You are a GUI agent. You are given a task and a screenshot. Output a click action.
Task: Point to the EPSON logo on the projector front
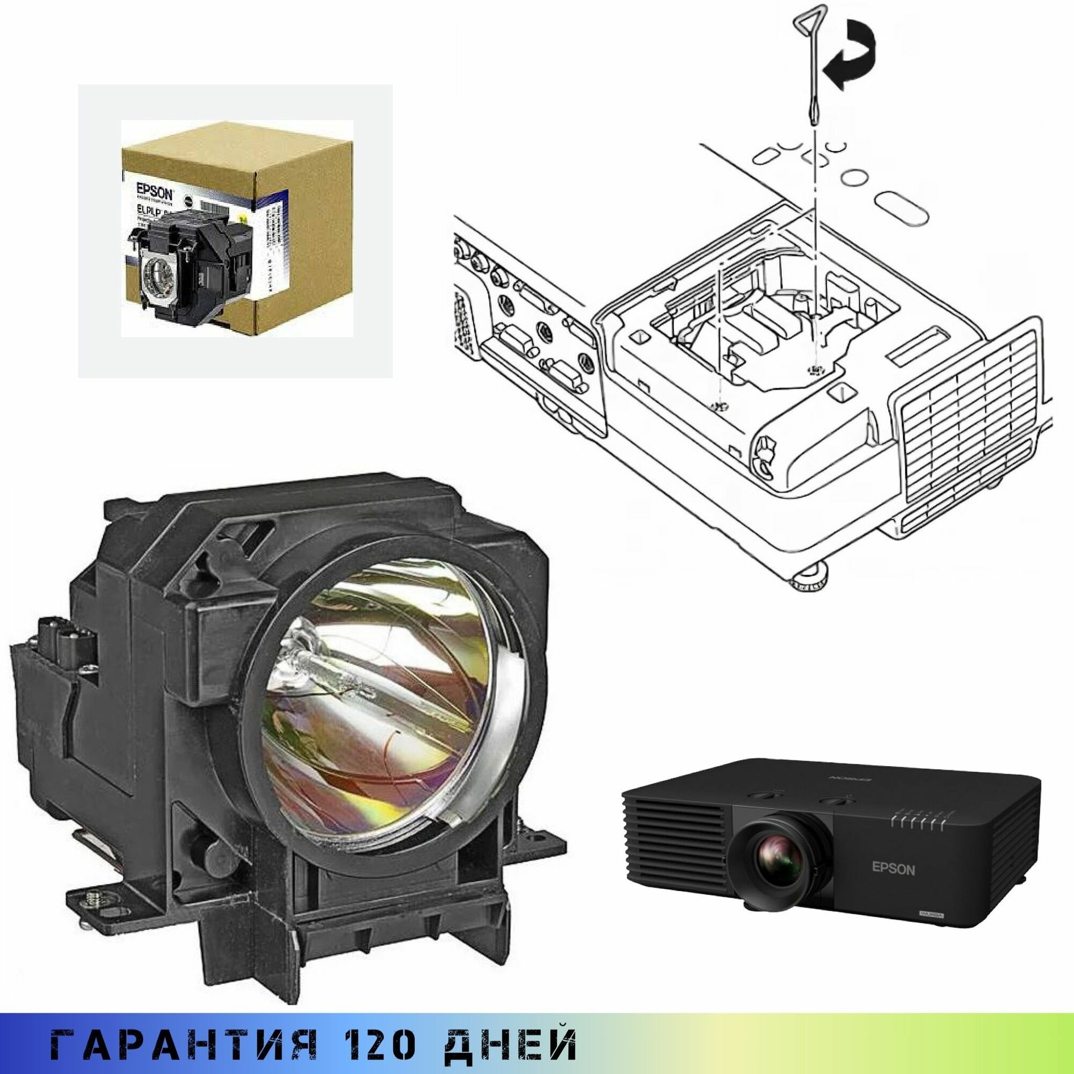(894, 886)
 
